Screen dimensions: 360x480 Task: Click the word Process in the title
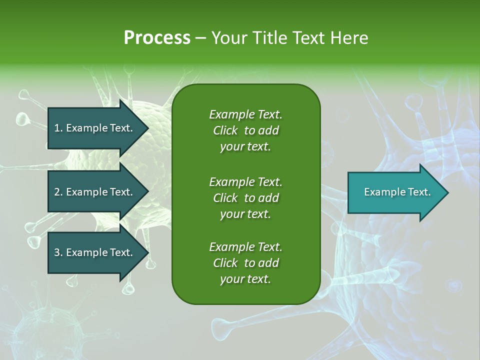pos(157,38)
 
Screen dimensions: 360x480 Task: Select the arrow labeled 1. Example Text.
pos(95,128)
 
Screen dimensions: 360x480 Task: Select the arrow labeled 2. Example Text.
pos(95,192)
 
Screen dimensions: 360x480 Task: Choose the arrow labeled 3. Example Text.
pos(95,252)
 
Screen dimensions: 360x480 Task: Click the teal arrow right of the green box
pos(395,192)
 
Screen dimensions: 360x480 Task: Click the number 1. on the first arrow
pos(58,128)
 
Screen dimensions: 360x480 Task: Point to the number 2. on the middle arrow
pos(58,192)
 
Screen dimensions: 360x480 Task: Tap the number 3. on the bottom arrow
pos(58,252)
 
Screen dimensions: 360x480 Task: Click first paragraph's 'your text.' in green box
pos(245,147)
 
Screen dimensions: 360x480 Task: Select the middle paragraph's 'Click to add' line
pos(245,198)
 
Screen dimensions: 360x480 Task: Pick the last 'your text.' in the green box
pos(245,279)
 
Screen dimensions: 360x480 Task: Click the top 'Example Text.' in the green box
pos(245,114)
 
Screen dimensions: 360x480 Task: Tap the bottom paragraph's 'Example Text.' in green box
pos(245,247)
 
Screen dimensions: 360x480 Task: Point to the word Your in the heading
pos(228,38)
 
